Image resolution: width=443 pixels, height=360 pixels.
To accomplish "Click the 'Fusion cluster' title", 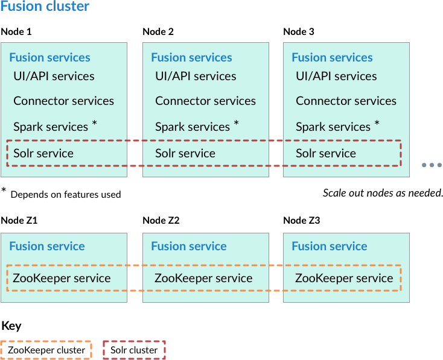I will [45, 7].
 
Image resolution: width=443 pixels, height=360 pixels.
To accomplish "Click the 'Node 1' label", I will [16, 31].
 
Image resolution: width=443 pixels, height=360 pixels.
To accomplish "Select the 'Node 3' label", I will [299, 31].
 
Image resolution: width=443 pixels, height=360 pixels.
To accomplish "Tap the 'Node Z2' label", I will [161, 220].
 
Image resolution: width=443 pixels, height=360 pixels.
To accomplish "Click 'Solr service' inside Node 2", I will [185, 153].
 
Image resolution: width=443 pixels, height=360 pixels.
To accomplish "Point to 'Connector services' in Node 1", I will [63, 101].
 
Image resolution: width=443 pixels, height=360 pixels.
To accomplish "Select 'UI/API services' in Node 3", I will [336, 76].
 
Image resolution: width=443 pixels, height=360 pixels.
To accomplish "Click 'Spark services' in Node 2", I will [193, 127].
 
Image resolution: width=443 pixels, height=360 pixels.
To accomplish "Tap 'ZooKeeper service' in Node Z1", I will [62, 278].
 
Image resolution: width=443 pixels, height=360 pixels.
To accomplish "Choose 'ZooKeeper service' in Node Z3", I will [344, 278].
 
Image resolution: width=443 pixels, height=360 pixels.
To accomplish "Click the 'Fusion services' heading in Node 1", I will [49, 58].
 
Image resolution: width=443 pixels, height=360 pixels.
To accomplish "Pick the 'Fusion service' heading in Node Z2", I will [189, 246].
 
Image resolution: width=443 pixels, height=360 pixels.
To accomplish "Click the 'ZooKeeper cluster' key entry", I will [46, 350].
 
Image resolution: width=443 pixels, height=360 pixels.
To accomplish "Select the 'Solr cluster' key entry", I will [134, 350].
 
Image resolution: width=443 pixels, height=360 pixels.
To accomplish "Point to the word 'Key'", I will [11, 326].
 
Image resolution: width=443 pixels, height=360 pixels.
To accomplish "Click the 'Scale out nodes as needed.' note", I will [383, 193].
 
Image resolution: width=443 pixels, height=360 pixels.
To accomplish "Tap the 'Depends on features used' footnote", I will [65, 194].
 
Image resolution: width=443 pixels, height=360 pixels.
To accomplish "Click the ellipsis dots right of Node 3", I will [432, 165].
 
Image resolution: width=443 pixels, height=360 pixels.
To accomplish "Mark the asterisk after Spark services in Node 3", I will [377, 124].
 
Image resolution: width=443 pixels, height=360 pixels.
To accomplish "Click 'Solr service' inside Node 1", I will [43, 153].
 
